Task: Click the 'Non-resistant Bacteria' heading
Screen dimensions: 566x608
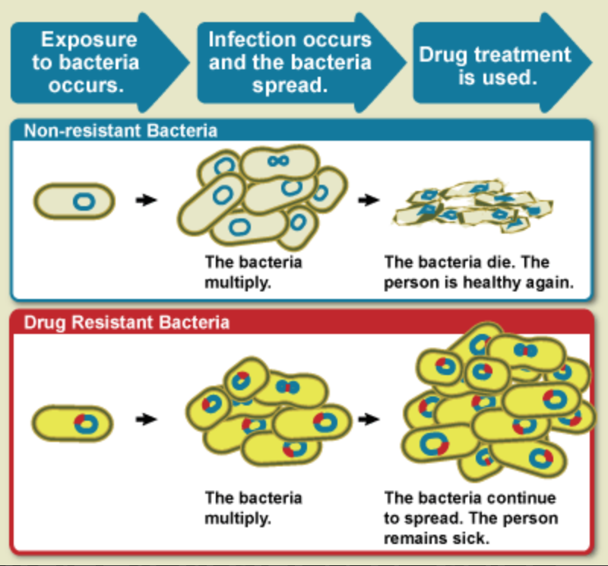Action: [121, 130]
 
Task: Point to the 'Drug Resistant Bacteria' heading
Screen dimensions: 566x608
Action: [127, 322]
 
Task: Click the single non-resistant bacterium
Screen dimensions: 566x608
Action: [74, 201]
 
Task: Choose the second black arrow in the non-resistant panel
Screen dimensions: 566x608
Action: [368, 200]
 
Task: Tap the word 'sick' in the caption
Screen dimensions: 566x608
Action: [467, 539]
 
